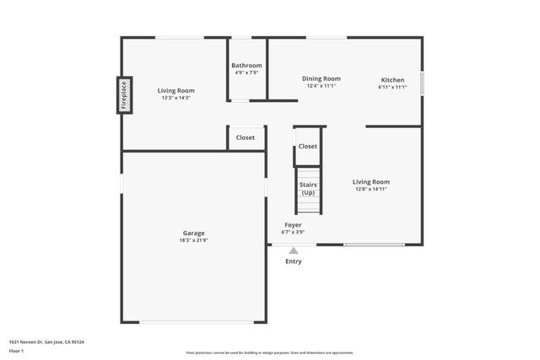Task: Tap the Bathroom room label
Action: click(247, 66)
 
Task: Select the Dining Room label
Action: click(321, 78)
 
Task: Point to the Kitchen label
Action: click(392, 80)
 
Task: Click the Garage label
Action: click(194, 233)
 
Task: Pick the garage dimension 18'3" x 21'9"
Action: click(194, 240)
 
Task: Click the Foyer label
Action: click(293, 225)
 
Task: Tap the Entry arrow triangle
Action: click(294, 250)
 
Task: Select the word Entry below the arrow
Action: click(293, 261)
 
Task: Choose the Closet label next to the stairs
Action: click(308, 146)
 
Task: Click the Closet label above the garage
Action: click(246, 137)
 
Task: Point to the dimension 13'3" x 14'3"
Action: click(176, 98)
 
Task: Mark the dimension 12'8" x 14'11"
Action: click(371, 189)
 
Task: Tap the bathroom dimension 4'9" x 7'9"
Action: click(247, 73)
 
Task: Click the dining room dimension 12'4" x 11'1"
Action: click(321, 86)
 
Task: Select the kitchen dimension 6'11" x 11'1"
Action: click(392, 87)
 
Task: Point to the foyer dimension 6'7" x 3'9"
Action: click(293, 232)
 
